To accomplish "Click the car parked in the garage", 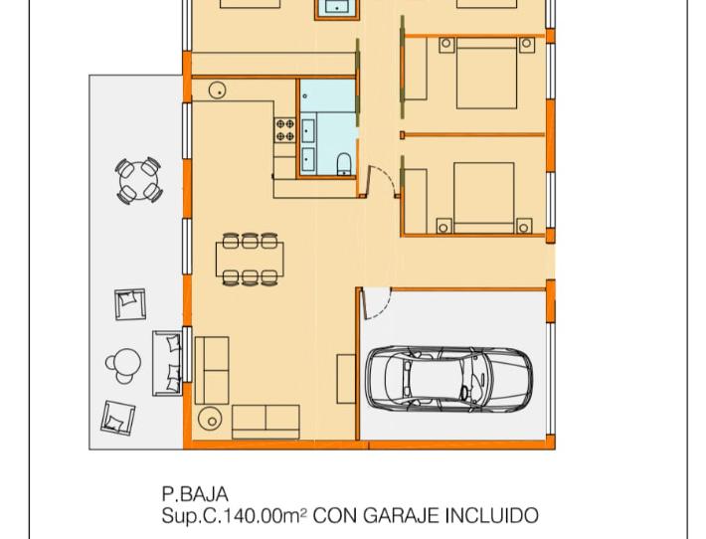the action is [x=448, y=380].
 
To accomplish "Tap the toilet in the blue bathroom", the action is [x=344, y=164].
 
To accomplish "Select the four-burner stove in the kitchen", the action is [x=284, y=129].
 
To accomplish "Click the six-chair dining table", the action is [x=250, y=259].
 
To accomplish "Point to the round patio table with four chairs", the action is [x=138, y=181].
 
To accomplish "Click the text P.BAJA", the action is [x=195, y=494].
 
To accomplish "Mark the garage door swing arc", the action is [x=384, y=310].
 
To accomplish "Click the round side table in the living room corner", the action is [x=210, y=419].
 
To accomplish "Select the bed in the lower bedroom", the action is [x=484, y=198].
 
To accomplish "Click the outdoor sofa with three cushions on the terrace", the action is [x=167, y=363].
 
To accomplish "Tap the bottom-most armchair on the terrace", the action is [x=118, y=418].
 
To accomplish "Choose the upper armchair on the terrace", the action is [x=130, y=304].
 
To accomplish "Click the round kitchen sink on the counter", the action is [x=218, y=90].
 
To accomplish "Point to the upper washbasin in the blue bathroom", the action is [x=308, y=131].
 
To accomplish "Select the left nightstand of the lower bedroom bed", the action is [x=443, y=226].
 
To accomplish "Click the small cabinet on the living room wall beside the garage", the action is [x=346, y=379].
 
